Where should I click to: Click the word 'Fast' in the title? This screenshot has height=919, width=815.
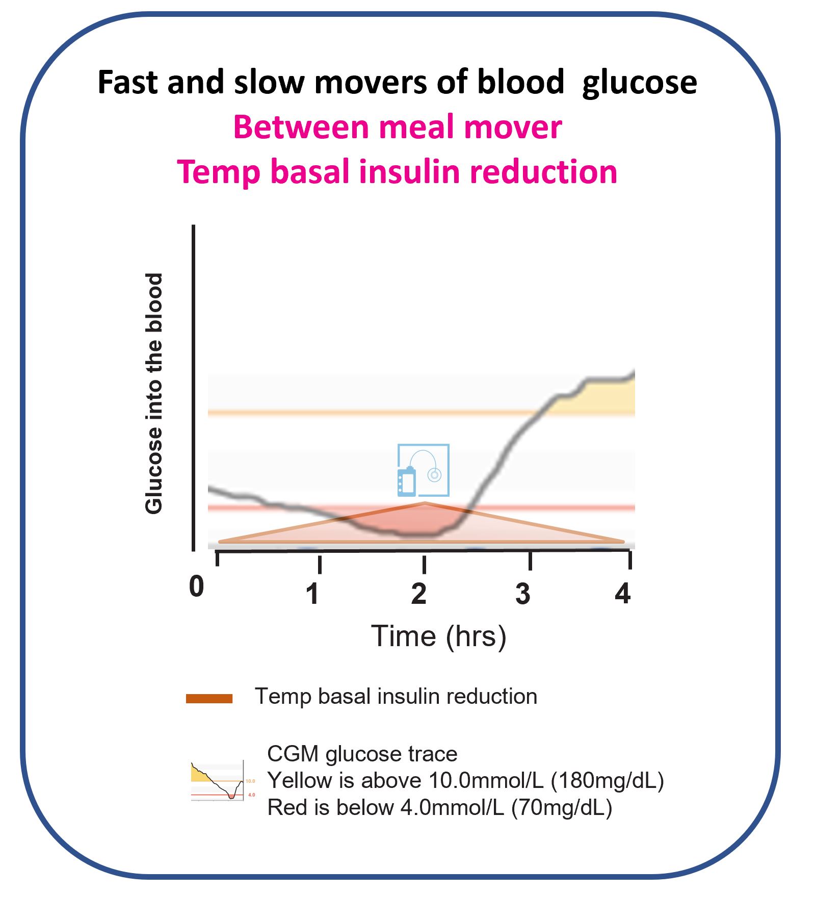click(129, 82)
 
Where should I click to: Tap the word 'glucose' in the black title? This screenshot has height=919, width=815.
click(639, 83)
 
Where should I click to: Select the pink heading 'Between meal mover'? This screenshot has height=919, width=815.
click(397, 127)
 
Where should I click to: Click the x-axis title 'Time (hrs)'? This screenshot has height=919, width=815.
click(438, 636)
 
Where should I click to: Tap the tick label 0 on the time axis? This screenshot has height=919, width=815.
click(196, 586)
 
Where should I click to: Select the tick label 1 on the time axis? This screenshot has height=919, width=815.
click(313, 594)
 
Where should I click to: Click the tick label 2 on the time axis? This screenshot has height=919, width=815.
click(418, 594)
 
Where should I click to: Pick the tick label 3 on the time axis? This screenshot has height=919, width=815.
click(523, 594)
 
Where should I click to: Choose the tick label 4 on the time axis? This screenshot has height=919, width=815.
click(622, 594)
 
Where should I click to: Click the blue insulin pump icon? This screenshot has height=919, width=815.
click(423, 470)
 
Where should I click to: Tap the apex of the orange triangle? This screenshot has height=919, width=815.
click(425, 503)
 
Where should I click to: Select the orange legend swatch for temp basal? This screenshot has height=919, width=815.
click(209, 699)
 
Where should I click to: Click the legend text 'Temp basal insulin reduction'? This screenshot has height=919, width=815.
click(396, 697)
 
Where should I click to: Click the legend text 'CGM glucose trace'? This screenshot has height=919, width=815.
click(362, 754)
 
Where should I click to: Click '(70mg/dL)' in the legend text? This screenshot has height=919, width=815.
click(561, 808)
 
